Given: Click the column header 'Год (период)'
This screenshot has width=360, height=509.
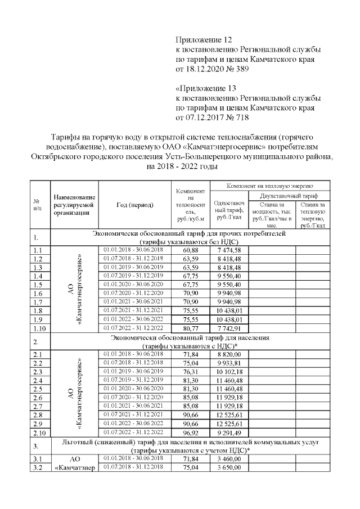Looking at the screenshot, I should point(134,205).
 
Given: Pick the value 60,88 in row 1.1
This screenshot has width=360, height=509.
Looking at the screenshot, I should point(191,250).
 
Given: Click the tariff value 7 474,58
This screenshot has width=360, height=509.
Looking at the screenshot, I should point(228,250).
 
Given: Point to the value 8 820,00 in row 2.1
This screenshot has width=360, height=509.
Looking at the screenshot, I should point(228,354).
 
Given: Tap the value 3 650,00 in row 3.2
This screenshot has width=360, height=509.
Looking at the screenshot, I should point(228,468).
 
